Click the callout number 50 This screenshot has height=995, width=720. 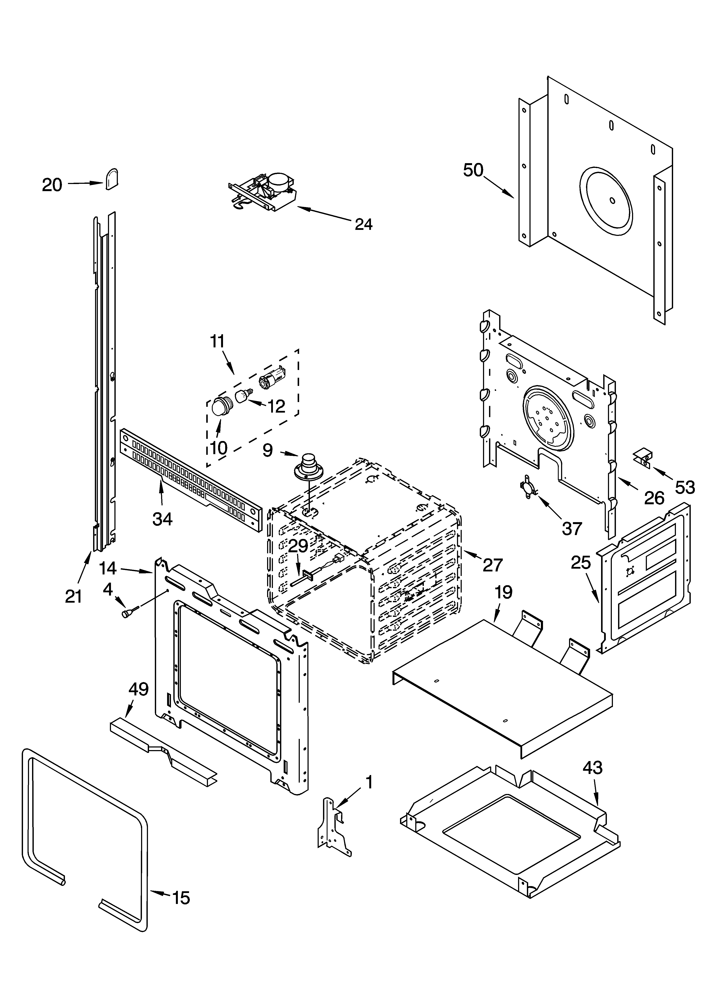(473, 170)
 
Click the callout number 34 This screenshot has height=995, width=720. (162, 519)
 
